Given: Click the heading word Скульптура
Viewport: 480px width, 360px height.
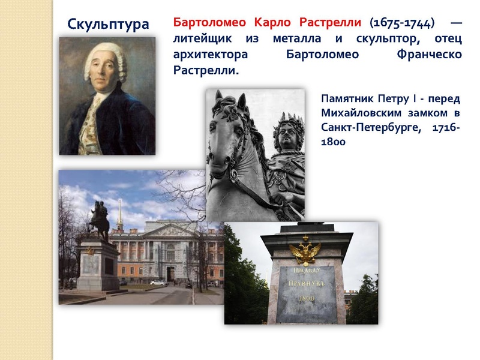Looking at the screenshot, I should point(108,24).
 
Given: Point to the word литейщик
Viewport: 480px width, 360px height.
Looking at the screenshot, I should point(204,39).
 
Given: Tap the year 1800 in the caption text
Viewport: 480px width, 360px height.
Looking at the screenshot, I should point(333,143).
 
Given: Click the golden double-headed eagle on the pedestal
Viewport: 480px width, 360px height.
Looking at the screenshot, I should point(305,252).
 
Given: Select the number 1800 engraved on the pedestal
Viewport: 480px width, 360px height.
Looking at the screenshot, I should point(307,298).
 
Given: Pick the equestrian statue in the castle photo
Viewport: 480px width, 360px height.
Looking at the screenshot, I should point(99,219).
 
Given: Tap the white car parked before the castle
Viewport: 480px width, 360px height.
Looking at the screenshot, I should point(158,283).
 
